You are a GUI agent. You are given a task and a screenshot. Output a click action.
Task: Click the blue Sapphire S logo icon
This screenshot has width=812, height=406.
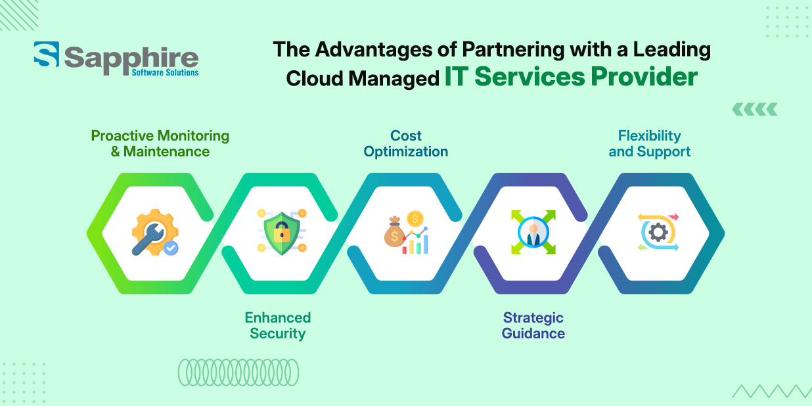pos(47,54)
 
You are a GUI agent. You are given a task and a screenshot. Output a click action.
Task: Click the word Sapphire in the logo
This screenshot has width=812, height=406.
pos(131,59)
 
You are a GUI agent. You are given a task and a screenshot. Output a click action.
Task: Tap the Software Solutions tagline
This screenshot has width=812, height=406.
pos(165,72)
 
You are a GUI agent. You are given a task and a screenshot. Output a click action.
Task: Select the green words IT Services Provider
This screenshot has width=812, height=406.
pos(571,77)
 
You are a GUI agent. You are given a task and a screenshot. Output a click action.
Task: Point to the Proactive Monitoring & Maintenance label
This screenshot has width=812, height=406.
pos(160,144)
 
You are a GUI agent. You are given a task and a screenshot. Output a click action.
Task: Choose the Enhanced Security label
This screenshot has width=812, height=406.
pos(278,326)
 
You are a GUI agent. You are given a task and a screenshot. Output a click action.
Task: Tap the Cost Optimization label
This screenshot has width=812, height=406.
pos(405,144)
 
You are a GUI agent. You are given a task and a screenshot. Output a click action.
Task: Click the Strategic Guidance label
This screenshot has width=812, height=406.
pos(533,326)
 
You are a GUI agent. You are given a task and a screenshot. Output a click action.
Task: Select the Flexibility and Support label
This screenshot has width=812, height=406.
pos(649,144)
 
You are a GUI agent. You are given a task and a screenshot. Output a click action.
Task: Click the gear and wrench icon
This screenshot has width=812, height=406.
pos(155,233)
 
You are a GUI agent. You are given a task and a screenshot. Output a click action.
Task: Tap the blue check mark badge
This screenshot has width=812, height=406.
pos(171,248)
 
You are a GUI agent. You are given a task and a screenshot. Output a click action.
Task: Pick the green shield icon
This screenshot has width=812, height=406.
pos(282,233)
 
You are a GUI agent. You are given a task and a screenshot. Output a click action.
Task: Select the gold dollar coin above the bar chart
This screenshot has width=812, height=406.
pos(415,219)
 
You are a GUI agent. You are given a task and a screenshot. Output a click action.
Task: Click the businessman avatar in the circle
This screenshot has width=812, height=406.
pos(533,233)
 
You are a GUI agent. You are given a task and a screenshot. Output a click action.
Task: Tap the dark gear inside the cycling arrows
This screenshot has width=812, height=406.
pos(658,233)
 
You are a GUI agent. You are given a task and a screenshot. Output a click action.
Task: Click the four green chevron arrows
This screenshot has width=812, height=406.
pos(755,109)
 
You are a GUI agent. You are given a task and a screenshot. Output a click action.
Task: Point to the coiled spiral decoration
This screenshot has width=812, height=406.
pos(238,372)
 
